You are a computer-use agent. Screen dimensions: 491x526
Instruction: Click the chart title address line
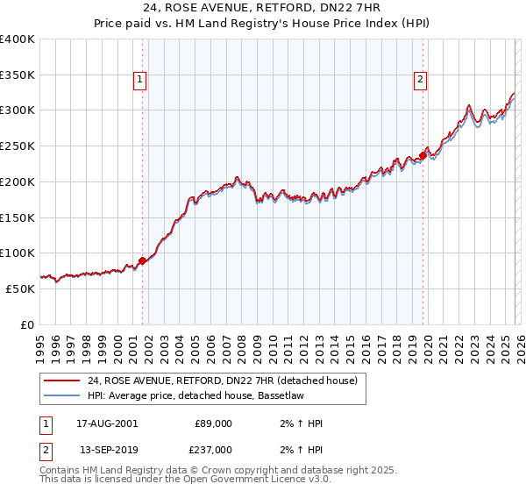[x=262, y=8]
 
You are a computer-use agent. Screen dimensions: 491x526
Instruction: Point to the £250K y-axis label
[x=18, y=146]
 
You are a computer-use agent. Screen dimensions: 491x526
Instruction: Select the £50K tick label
[x=20, y=288]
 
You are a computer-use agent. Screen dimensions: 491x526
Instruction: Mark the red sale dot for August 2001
[x=142, y=260]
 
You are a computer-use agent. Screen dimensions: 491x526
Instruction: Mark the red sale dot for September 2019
[x=422, y=155]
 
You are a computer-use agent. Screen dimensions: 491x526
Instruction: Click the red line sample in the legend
[x=61, y=381]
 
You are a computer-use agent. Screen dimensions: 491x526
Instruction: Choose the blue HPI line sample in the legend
[x=61, y=396]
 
